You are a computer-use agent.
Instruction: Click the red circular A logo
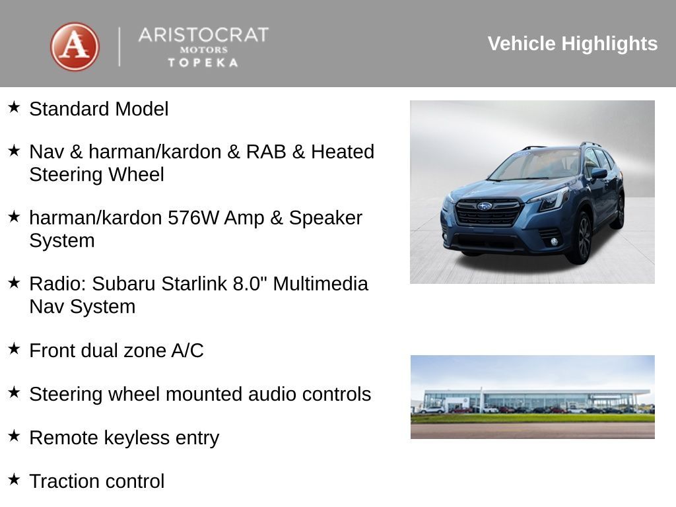pyautogui.click(x=75, y=47)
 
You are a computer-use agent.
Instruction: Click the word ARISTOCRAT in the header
pyautogui.click(x=203, y=35)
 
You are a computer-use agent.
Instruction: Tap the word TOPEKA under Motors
pyautogui.click(x=203, y=63)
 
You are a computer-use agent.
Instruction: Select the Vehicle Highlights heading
pyautogui.click(x=572, y=44)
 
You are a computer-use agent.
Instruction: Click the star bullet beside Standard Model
pyautogui.click(x=14, y=107)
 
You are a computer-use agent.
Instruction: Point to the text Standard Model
pyautogui.click(x=99, y=109)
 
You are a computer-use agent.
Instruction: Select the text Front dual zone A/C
pyautogui.click(x=116, y=351)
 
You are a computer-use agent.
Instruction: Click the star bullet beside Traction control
pyautogui.click(x=14, y=479)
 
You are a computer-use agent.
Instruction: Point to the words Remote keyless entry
pyautogui.click(x=124, y=438)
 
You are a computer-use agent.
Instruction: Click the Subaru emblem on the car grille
pyautogui.click(x=485, y=206)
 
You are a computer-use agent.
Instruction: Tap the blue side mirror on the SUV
pyautogui.click(x=598, y=174)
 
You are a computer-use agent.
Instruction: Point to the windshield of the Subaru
pyautogui.click(x=536, y=165)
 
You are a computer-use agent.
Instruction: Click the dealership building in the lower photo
pyautogui.click(x=532, y=400)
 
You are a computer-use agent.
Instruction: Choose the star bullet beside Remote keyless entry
pyautogui.click(x=14, y=435)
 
